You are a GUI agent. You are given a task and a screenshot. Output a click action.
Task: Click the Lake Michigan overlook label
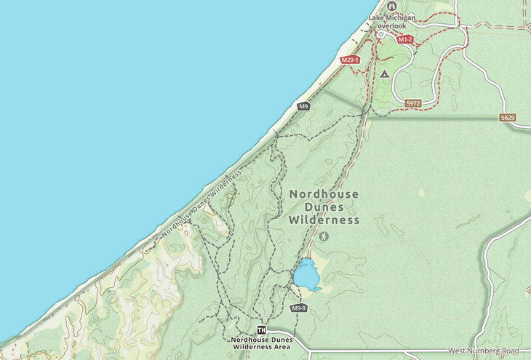(x=392, y=21)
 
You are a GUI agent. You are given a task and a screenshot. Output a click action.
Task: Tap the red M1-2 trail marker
(x=405, y=40)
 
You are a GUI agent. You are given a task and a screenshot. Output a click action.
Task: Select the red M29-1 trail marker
(x=350, y=60)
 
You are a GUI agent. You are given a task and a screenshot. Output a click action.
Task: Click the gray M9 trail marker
(x=303, y=106)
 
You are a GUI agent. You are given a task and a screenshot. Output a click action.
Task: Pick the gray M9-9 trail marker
(x=298, y=308)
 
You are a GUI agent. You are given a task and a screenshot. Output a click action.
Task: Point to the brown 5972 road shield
(x=413, y=104)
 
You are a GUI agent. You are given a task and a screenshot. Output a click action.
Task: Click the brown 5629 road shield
(x=508, y=117)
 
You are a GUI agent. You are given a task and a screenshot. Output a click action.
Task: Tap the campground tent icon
(x=384, y=73)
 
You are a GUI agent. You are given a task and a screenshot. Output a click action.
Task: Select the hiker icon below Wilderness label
(x=324, y=236)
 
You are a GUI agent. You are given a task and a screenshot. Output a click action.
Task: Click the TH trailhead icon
(x=262, y=330)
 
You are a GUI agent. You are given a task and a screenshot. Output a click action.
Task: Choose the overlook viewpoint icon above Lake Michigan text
(x=392, y=6)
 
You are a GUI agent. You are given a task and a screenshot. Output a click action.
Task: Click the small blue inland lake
(x=306, y=275)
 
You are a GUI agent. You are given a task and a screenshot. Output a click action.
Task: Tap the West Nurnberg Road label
(x=483, y=351)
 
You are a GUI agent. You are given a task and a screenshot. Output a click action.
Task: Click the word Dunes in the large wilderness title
(x=324, y=207)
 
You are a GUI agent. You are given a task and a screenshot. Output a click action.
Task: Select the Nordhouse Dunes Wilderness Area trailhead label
(x=262, y=343)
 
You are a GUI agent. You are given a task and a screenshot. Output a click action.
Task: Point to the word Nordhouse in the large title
(x=324, y=194)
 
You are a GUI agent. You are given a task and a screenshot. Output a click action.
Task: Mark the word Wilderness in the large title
(x=324, y=220)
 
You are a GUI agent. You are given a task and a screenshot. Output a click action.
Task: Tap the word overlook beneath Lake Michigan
(x=392, y=25)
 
